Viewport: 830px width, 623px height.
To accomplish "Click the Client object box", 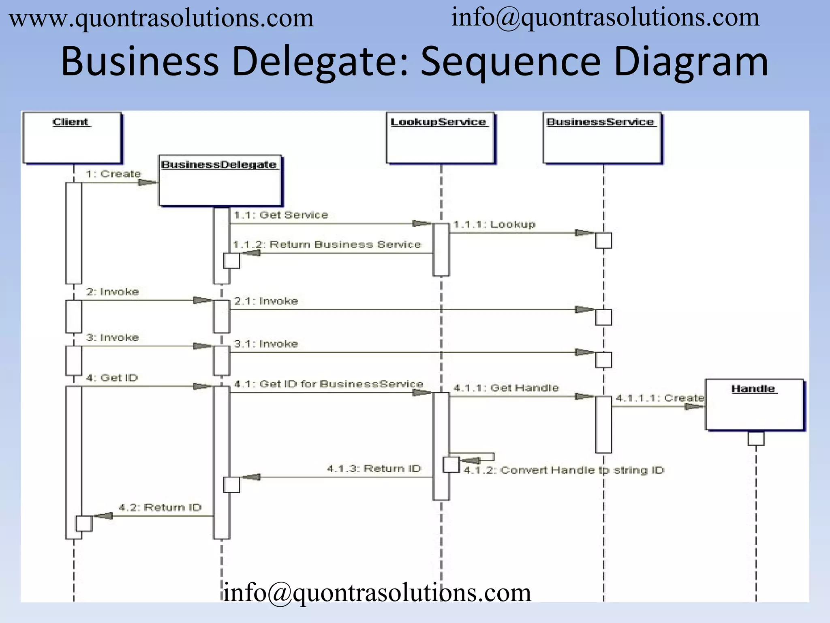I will pyautogui.click(x=72, y=138).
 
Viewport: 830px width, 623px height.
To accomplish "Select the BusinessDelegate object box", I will pyautogui.click(x=220, y=180).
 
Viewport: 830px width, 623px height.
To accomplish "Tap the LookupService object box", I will pyautogui.click(x=440, y=138).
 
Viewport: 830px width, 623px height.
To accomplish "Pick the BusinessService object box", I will pyautogui.click(x=602, y=138).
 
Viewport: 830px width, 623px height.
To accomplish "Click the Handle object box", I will pyautogui.click(x=754, y=404).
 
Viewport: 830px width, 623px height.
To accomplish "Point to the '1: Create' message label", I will pyautogui.click(x=113, y=174).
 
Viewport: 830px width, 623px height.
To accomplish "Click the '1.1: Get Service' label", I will pyautogui.click(x=281, y=215).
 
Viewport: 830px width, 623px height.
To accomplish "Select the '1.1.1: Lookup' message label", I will pyautogui.click(x=494, y=224).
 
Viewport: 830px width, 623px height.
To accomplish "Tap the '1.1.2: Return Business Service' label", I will pyautogui.click(x=327, y=244).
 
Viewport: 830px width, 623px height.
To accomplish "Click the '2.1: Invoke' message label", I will pyautogui.click(x=266, y=301).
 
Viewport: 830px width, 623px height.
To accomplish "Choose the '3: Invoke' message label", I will pyautogui.click(x=112, y=337).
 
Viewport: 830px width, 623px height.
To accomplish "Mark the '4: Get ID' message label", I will pyautogui.click(x=112, y=378).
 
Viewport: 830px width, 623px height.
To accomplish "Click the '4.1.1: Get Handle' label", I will pyautogui.click(x=506, y=388).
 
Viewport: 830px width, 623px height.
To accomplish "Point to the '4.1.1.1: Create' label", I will pyautogui.click(x=660, y=398).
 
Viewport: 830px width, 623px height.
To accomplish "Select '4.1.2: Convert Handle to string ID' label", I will pyautogui.click(x=564, y=470).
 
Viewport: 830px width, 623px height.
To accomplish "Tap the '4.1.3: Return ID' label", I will pyautogui.click(x=374, y=468).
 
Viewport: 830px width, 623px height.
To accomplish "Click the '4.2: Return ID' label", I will pyautogui.click(x=160, y=507).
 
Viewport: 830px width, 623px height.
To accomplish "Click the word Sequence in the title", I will pyautogui.click(x=510, y=62).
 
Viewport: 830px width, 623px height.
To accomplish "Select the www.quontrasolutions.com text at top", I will pyautogui.click(x=161, y=19).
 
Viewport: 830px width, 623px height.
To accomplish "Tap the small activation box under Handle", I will pyautogui.click(x=756, y=438).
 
